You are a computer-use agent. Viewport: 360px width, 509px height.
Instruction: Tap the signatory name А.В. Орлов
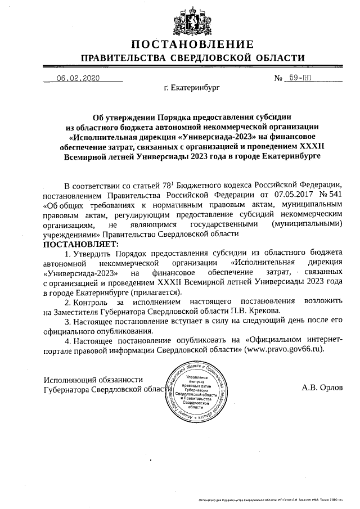point(322,388)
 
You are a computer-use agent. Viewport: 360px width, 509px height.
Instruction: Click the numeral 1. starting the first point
point(68,254)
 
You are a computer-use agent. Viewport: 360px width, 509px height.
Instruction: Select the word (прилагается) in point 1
point(155,292)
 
